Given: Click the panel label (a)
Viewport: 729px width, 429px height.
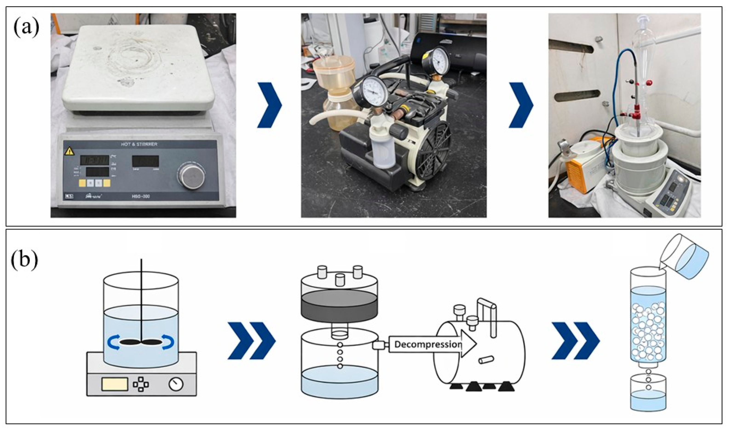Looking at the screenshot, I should click(x=26, y=28).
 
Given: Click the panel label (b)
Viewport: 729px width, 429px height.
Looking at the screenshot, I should click(x=25, y=260).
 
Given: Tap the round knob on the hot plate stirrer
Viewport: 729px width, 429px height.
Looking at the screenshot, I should click(x=191, y=176).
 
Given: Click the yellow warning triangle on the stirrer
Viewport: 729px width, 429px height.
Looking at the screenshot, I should click(x=70, y=151).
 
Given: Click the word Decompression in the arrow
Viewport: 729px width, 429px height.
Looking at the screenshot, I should click(x=428, y=345).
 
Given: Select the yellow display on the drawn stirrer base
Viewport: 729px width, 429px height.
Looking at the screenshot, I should click(x=115, y=384).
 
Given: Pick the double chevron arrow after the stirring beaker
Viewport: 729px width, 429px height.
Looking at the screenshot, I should click(x=251, y=341).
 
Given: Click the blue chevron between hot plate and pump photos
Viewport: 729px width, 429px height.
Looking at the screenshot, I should click(x=269, y=105).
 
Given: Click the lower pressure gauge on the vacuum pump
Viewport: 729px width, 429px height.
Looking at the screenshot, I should click(x=375, y=91).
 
